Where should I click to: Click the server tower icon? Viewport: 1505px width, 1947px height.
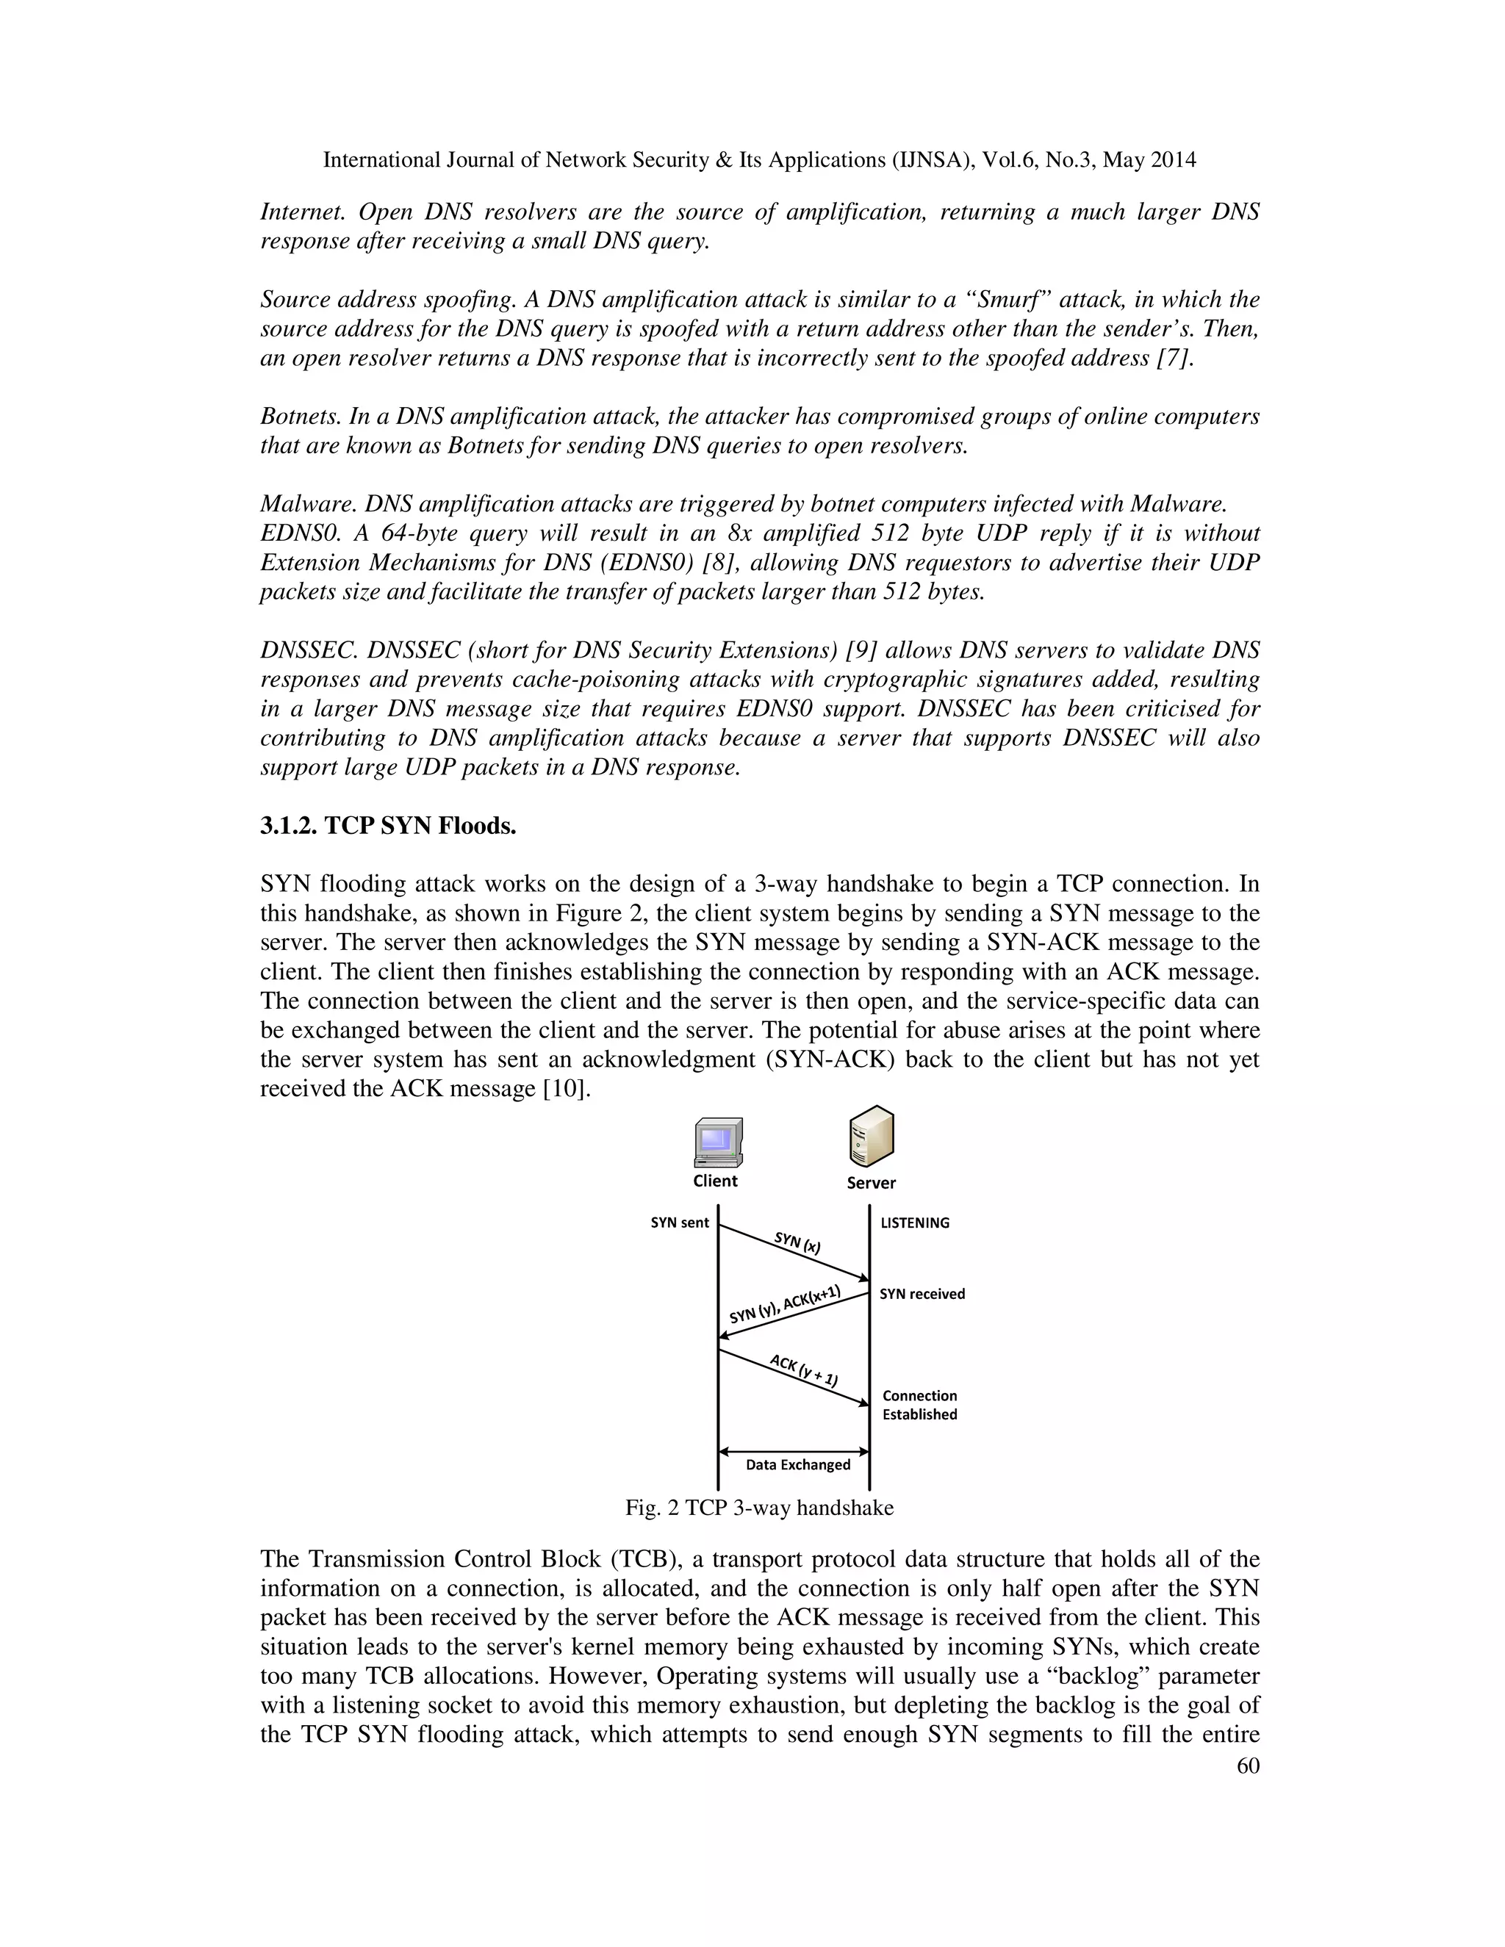pos(871,1137)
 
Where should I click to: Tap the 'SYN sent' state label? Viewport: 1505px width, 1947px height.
pos(680,1223)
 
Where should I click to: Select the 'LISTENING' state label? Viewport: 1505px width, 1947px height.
pos(915,1223)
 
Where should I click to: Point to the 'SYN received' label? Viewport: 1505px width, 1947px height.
pos(922,1294)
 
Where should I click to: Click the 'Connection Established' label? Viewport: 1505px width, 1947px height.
pos(919,1405)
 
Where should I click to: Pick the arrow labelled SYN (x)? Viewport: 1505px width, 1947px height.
pos(794,1253)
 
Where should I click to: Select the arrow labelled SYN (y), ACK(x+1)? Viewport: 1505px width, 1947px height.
pos(794,1314)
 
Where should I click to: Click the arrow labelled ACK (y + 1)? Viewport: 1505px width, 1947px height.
pos(794,1378)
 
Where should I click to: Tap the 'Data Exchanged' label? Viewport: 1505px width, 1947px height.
pos(798,1465)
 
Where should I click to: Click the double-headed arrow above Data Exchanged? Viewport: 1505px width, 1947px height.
pos(794,1451)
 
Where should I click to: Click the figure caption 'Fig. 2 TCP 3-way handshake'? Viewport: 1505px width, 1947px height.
pos(758,1508)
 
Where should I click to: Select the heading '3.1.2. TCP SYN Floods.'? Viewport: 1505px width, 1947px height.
pos(388,826)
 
